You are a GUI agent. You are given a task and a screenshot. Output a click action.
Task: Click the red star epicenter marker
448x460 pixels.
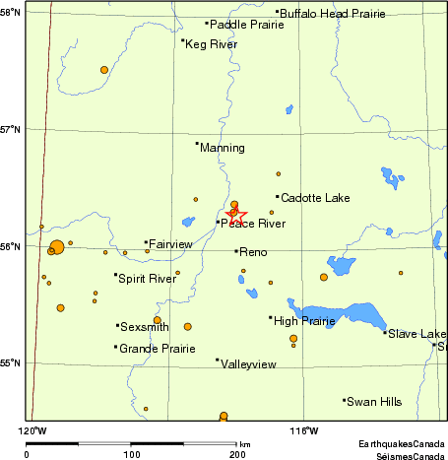(x=235, y=214)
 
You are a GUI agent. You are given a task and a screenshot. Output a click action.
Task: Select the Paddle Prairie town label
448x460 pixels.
(x=240, y=24)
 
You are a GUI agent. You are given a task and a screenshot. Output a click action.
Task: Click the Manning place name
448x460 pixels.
(x=222, y=148)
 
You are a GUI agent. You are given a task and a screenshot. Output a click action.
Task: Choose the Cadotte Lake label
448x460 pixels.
(x=309, y=198)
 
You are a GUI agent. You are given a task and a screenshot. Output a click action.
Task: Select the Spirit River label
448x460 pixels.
(x=147, y=279)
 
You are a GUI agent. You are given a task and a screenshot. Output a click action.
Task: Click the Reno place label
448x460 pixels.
(x=253, y=253)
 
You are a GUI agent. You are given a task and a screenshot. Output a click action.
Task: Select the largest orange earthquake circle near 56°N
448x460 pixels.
(x=56, y=247)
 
